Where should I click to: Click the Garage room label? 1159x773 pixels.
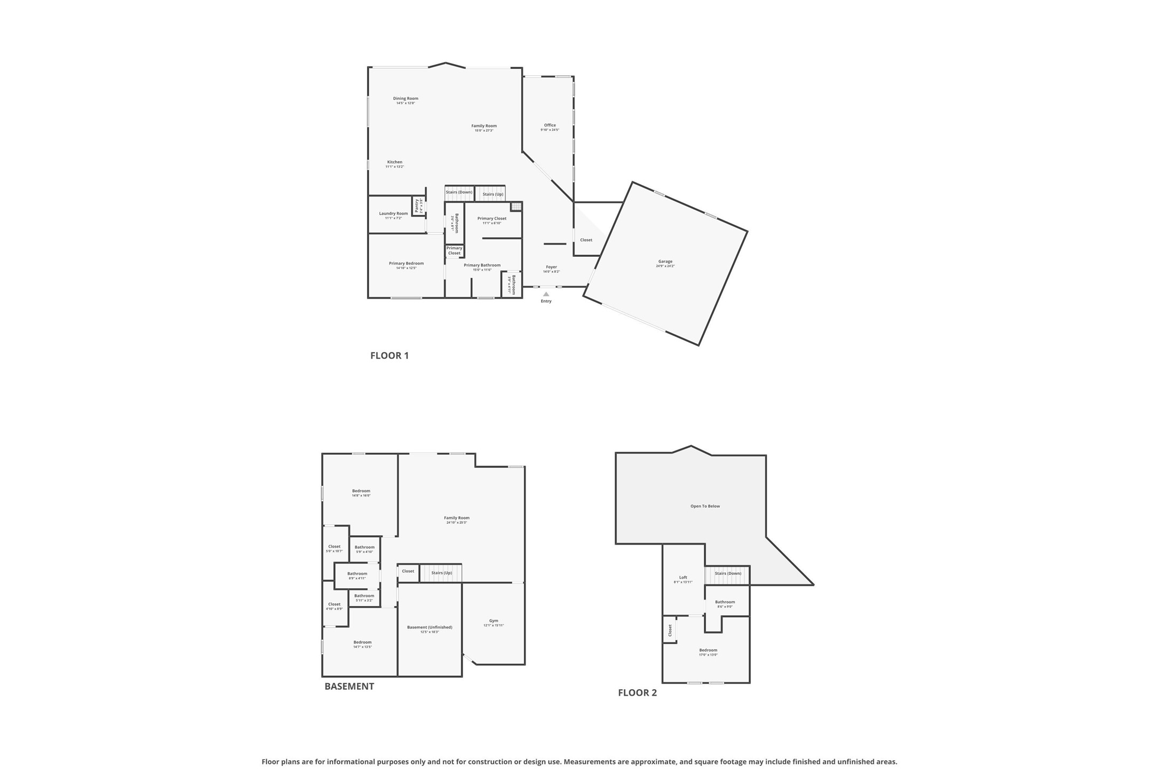click(665, 262)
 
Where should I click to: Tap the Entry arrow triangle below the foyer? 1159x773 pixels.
click(546, 294)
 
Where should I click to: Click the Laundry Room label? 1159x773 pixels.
click(393, 214)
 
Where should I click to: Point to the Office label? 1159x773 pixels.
click(550, 125)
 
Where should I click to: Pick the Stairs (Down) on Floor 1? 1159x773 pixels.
click(459, 192)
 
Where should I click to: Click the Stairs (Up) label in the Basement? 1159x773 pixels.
click(441, 573)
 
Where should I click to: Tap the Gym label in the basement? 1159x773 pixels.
click(494, 621)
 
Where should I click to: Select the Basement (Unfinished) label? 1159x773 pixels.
click(430, 627)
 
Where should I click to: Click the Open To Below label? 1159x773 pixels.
click(705, 506)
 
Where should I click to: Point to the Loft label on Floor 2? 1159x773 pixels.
click(683, 578)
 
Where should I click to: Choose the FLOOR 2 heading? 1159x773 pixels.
click(637, 693)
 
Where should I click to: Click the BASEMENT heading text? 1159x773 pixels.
click(349, 687)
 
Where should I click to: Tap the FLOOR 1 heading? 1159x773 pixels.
click(390, 356)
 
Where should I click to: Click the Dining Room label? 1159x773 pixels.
click(406, 99)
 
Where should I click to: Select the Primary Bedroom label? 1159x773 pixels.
click(406, 264)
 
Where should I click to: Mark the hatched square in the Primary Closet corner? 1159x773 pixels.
click(515, 207)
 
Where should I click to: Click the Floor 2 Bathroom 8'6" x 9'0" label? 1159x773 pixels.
click(725, 602)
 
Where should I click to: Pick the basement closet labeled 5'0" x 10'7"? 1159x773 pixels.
click(334, 547)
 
